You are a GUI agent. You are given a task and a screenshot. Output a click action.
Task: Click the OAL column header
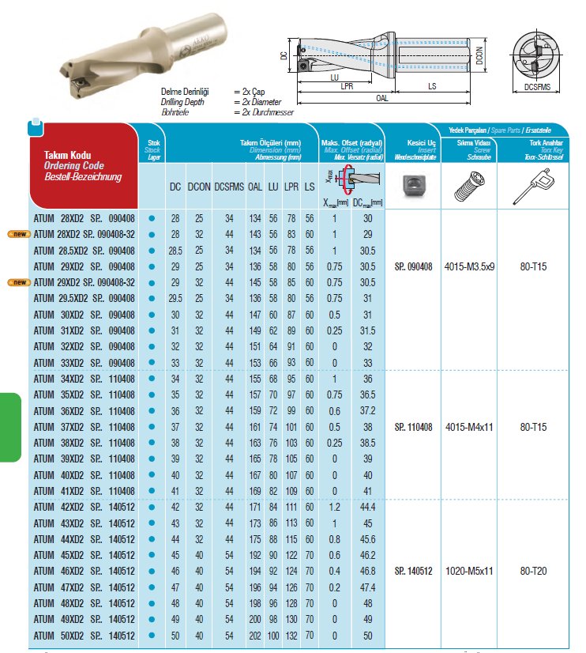point(254,187)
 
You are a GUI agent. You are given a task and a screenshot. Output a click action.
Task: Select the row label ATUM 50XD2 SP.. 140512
point(84,636)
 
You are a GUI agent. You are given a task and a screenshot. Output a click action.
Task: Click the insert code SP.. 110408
point(412,427)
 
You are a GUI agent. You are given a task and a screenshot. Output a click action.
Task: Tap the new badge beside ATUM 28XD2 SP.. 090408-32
point(18,234)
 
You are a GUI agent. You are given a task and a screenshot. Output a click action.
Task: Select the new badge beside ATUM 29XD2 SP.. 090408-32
point(18,282)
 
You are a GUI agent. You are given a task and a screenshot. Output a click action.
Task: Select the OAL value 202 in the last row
point(254,636)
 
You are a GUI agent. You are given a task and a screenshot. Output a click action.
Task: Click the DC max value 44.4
point(366,507)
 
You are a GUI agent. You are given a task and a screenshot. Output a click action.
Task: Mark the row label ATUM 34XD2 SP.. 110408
point(84,379)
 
